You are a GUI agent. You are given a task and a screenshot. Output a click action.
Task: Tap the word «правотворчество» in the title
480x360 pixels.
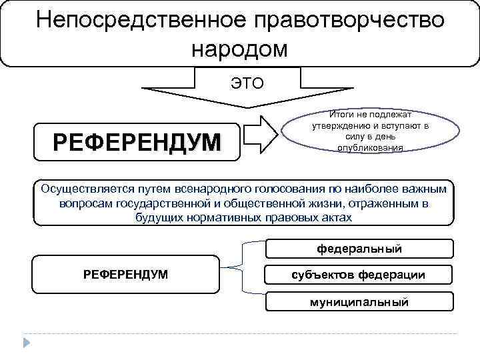pyautogui.click(x=347, y=19)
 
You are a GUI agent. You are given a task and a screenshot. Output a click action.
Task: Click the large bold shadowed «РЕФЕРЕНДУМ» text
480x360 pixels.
pyautogui.click(x=137, y=141)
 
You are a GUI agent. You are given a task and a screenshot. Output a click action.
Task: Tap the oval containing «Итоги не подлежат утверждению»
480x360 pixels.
pyautogui.click(x=370, y=130)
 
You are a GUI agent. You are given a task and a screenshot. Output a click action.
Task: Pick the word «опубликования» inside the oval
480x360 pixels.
pyautogui.click(x=370, y=147)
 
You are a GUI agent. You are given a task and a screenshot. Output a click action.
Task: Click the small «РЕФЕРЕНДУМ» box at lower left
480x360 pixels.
pyautogui.click(x=125, y=274)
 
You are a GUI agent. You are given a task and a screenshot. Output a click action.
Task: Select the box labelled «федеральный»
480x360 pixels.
pyautogui.click(x=359, y=249)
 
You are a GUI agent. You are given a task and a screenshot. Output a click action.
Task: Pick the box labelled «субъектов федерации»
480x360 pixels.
pyautogui.click(x=359, y=275)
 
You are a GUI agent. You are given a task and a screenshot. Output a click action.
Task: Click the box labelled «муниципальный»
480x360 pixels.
pyautogui.click(x=359, y=301)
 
